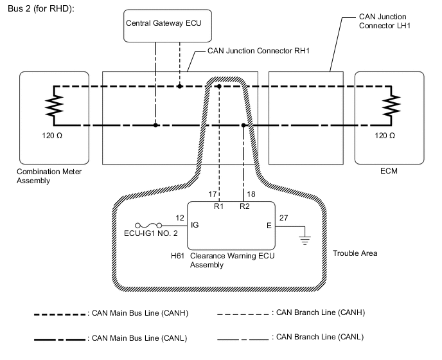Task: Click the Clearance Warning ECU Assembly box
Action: [231, 225]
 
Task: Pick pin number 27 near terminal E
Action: [284, 218]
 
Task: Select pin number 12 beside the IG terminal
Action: [179, 218]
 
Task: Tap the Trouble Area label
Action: [355, 253]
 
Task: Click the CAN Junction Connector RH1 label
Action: [259, 50]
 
